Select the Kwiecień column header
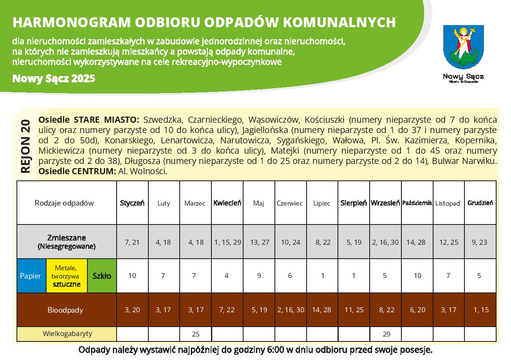pos(227,203)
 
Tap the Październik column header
pos(417,203)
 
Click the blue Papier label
pos(30,276)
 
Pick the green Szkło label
pos(102,276)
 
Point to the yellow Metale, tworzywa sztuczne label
pos(67,276)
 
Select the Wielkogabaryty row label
pos(67,334)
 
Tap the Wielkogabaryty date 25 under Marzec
pos(196,334)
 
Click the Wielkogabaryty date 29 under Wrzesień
pos(386,334)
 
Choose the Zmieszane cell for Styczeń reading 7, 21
pos(132,242)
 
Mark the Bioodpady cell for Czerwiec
pos(291,310)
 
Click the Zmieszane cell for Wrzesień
pos(385,242)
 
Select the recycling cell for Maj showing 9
pos(259,276)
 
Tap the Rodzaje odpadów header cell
pos(64,203)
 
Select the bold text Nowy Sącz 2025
pos(54,78)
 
